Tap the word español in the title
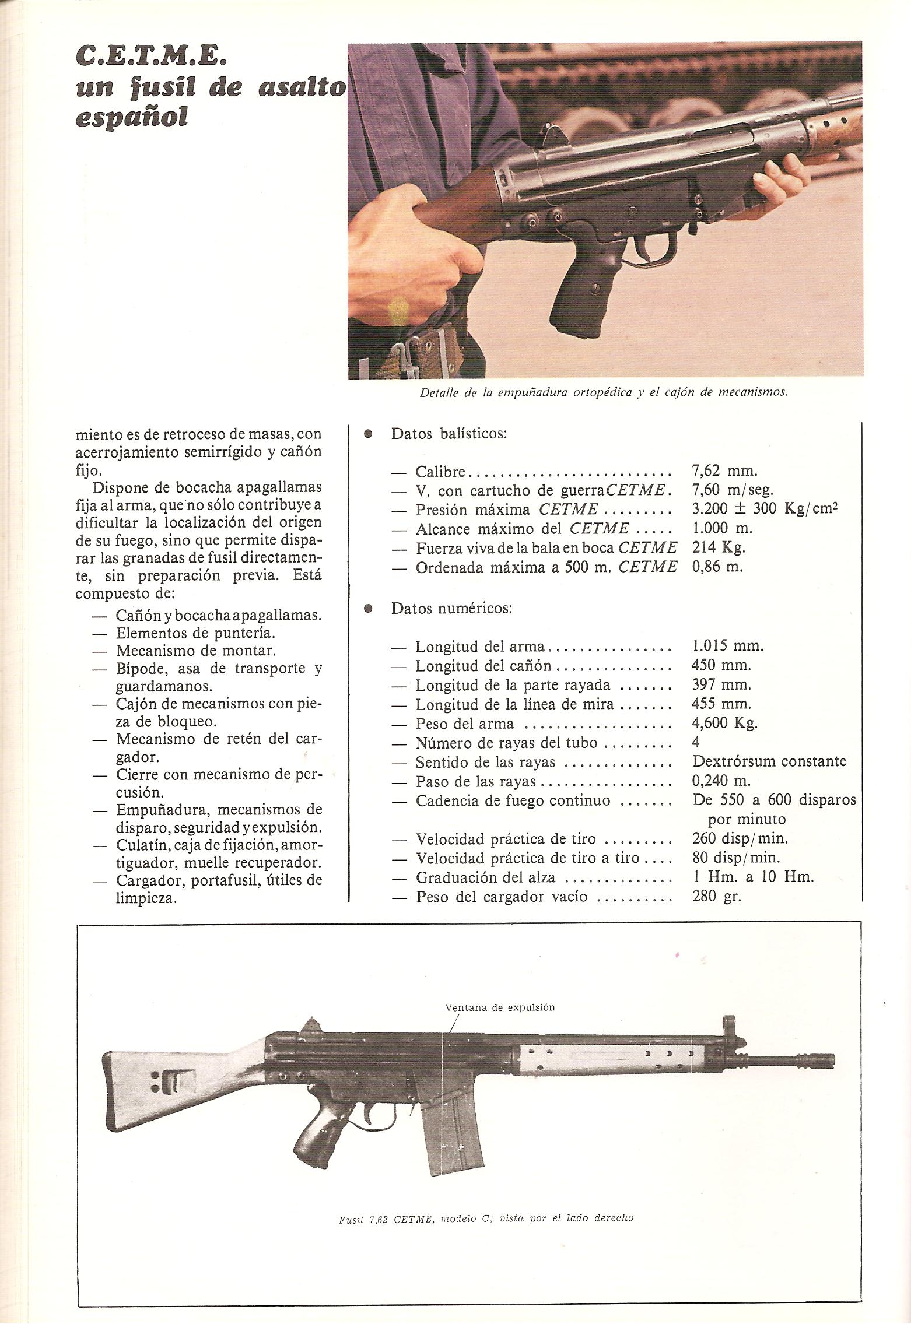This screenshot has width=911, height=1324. [132, 117]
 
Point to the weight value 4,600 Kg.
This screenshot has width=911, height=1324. [725, 723]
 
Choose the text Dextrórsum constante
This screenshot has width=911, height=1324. [769, 761]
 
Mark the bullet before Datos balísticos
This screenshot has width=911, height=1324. [368, 434]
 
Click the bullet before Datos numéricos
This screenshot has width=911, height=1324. [368, 608]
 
